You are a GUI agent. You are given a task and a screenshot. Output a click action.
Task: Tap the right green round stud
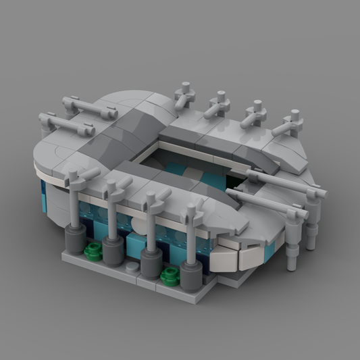[170, 274]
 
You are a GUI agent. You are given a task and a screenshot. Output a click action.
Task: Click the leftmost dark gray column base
[74, 239]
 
